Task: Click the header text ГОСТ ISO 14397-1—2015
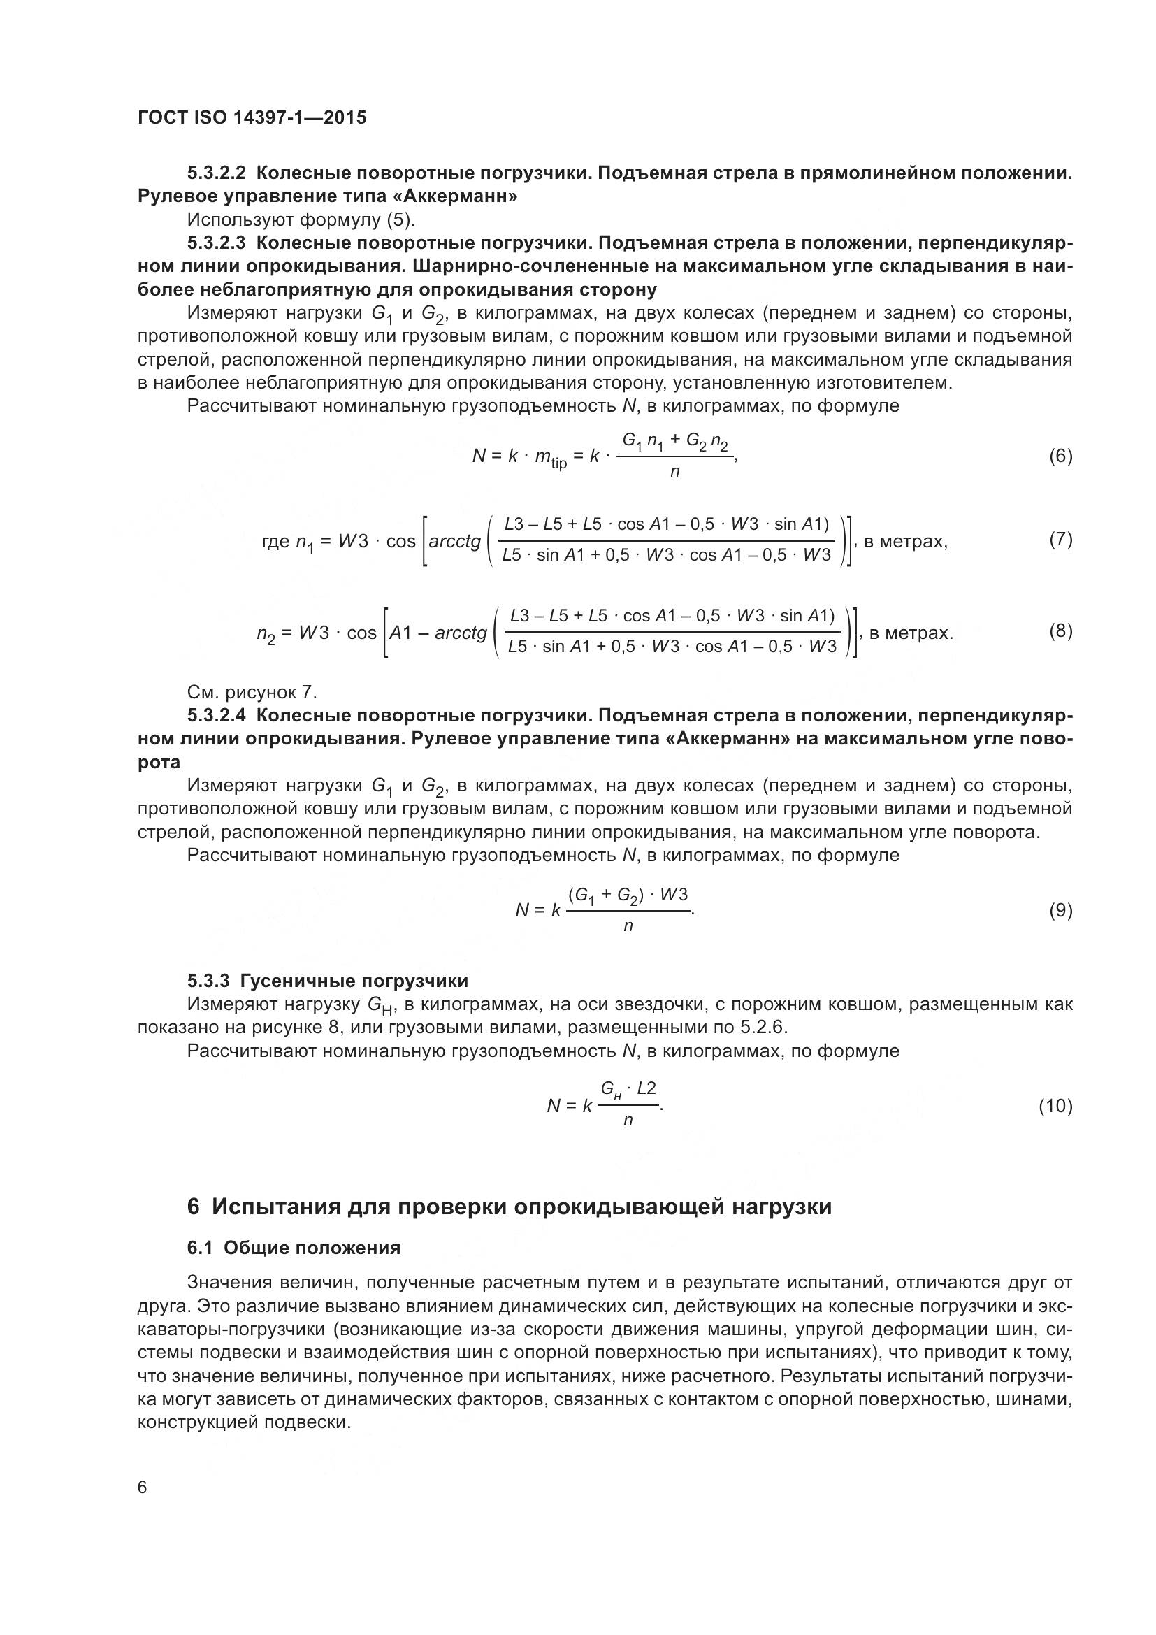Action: pyautogui.click(x=252, y=117)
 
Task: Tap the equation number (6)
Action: pyautogui.click(x=1060, y=456)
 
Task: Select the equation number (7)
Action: pyautogui.click(x=1060, y=539)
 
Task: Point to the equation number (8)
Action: pyautogui.click(x=1060, y=631)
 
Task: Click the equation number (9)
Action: pyautogui.click(x=1060, y=910)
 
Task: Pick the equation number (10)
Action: pyautogui.click(x=1055, y=1105)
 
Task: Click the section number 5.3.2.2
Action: pyautogui.click(x=217, y=173)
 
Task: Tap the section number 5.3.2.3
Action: pyautogui.click(x=217, y=243)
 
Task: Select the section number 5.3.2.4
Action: pyautogui.click(x=217, y=715)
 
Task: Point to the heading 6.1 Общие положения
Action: pyautogui.click(x=294, y=1248)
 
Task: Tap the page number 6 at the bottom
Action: pyautogui.click(x=143, y=1488)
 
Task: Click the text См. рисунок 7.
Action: pyautogui.click(x=252, y=692)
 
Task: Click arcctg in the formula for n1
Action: pyautogui.click(x=455, y=541)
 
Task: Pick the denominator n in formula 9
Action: pyautogui.click(x=628, y=926)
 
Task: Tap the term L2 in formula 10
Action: pyautogui.click(x=646, y=1088)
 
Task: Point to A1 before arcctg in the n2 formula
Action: pyautogui.click(x=400, y=633)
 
